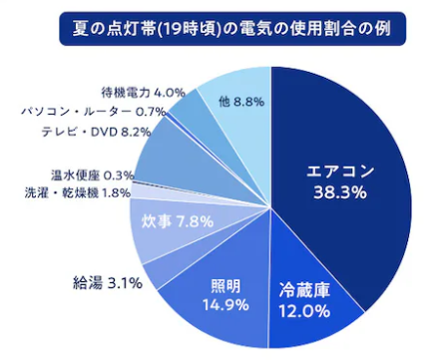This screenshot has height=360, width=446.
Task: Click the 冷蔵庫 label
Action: coord(301,291)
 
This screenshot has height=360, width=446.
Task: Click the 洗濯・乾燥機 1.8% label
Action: coord(78,191)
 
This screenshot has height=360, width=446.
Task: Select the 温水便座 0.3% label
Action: coord(93,175)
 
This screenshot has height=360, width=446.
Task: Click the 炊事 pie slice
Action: coord(150,234)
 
